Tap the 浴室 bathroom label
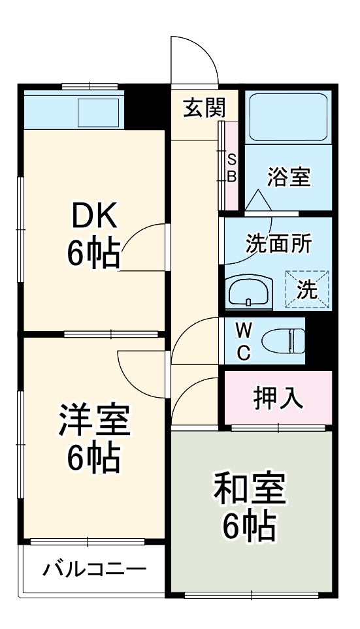(x=289, y=177)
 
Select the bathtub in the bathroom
(x=288, y=117)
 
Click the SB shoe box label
(x=232, y=168)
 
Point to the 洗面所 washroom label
(x=278, y=244)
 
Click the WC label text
(x=242, y=340)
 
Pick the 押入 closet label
(x=278, y=398)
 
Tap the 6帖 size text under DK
(x=93, y=253)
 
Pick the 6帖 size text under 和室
(x=250, y=525)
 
